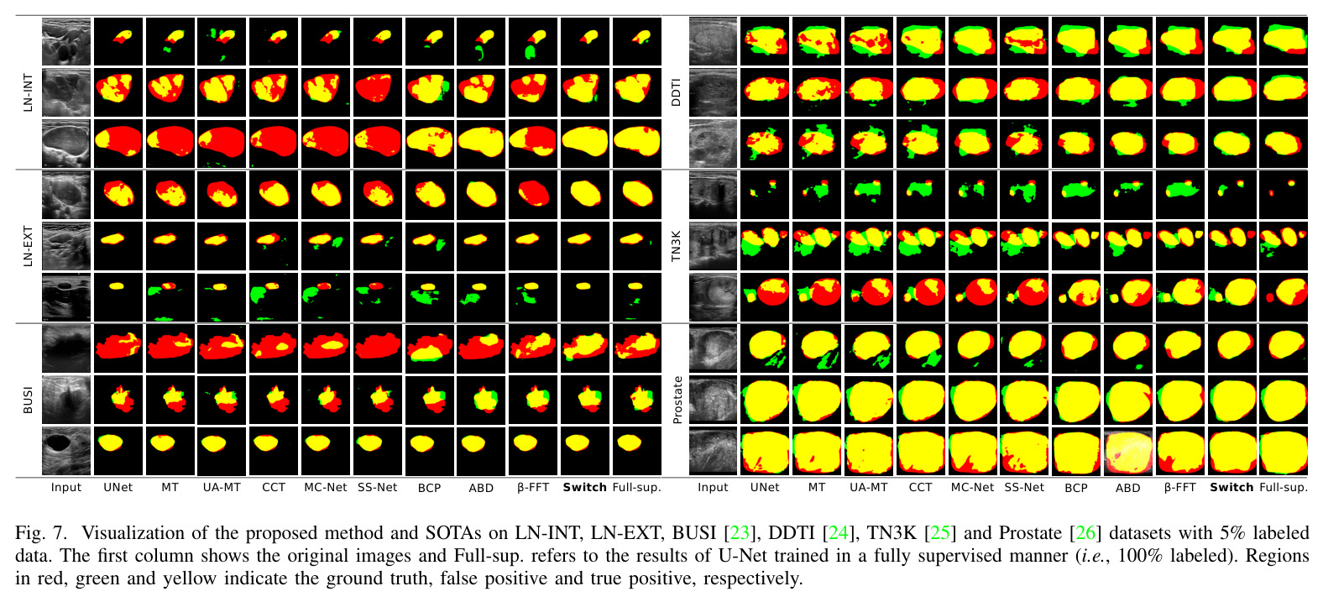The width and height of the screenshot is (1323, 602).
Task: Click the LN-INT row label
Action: coord(28,92)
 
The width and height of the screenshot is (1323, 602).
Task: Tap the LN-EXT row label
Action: coord(28,246)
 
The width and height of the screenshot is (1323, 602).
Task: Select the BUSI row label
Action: coord(28,400)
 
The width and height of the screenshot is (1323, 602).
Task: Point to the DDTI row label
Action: coord(677,92)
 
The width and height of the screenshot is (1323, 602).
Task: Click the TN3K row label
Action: coord(677,246)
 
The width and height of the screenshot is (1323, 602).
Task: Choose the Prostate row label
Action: coord(677,400)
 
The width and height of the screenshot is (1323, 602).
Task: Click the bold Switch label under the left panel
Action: coord(585,487)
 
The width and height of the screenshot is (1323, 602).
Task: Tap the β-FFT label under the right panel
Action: coord(1179,487)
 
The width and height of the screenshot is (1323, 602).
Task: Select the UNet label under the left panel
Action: coord(118,487)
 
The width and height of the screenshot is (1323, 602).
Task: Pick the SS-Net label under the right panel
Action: coord(1024,487)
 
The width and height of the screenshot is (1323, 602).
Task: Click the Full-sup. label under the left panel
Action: coord(636,487)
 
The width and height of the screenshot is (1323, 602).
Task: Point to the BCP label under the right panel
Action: coord(1076,488)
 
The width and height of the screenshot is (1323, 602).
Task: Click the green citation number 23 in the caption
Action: coord(739,533)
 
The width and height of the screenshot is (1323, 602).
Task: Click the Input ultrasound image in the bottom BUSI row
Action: coord(66,452)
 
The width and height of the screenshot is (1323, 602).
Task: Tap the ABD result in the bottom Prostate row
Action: coord(1127,452)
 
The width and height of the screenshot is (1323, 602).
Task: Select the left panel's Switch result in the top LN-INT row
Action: coord(585,41)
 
